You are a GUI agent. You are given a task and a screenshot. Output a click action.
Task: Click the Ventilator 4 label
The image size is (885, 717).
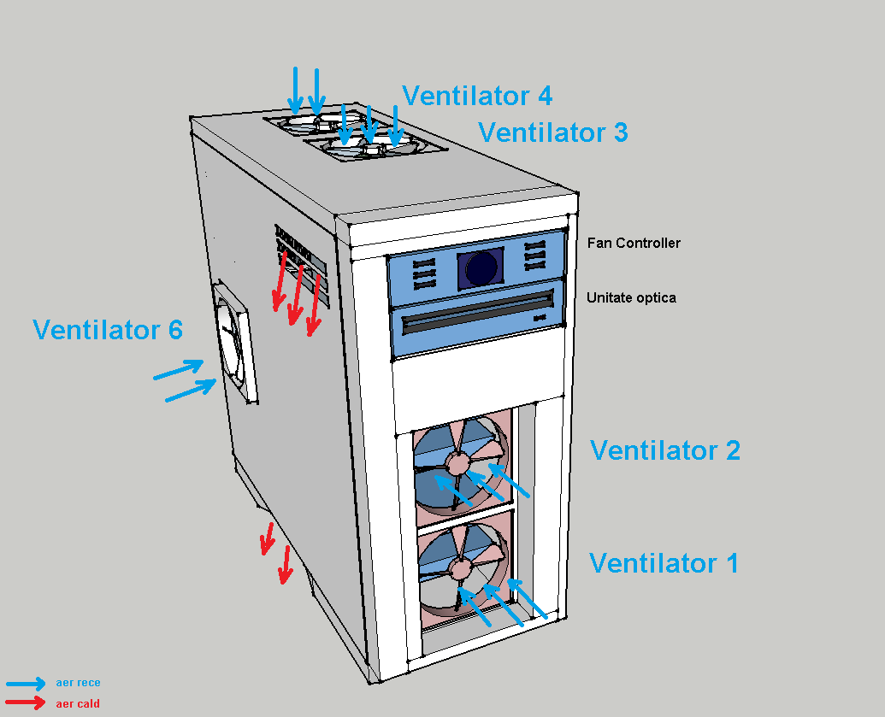click(476, 96)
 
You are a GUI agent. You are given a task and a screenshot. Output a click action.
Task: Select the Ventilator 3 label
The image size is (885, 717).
click(552, 132)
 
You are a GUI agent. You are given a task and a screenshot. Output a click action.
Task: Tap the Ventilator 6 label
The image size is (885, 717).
click(108, 329)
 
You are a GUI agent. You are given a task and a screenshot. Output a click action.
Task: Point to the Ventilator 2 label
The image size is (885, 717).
click(664, 450)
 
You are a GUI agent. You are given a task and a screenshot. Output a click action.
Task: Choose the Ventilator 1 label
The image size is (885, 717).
click(664, 563)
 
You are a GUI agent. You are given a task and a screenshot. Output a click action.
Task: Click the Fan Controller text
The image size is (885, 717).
click(634, 243)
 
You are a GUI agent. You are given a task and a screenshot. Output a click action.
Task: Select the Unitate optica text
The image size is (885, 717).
click(631, 297)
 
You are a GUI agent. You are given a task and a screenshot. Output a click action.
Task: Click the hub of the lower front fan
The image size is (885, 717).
click(461, 567)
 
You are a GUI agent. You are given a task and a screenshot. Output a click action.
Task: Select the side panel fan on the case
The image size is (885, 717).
click(233, 342)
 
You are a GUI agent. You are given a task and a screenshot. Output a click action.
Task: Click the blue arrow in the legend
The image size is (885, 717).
click(26, 684)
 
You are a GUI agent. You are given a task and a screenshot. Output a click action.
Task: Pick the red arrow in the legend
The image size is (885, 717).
click(26, 703)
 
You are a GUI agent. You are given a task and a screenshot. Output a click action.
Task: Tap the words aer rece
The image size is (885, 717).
click(78, 683)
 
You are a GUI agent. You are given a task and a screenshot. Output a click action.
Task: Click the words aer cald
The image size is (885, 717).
click(78, 704)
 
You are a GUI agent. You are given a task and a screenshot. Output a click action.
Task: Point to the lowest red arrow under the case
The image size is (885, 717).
click(285, 565)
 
